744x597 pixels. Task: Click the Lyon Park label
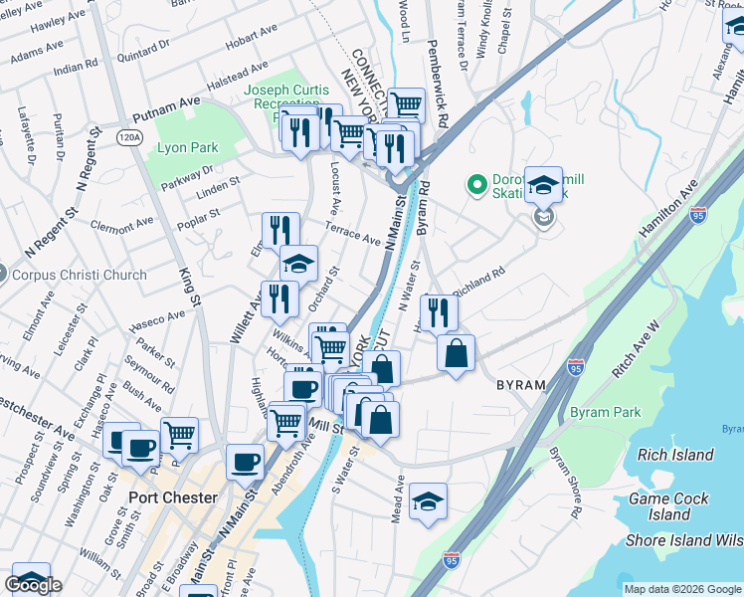187,148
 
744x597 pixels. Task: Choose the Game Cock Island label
668,506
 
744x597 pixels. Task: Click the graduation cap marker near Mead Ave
428,502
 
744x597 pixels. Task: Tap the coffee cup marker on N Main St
245,462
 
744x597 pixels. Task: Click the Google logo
33,585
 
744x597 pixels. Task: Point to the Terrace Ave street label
357,236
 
